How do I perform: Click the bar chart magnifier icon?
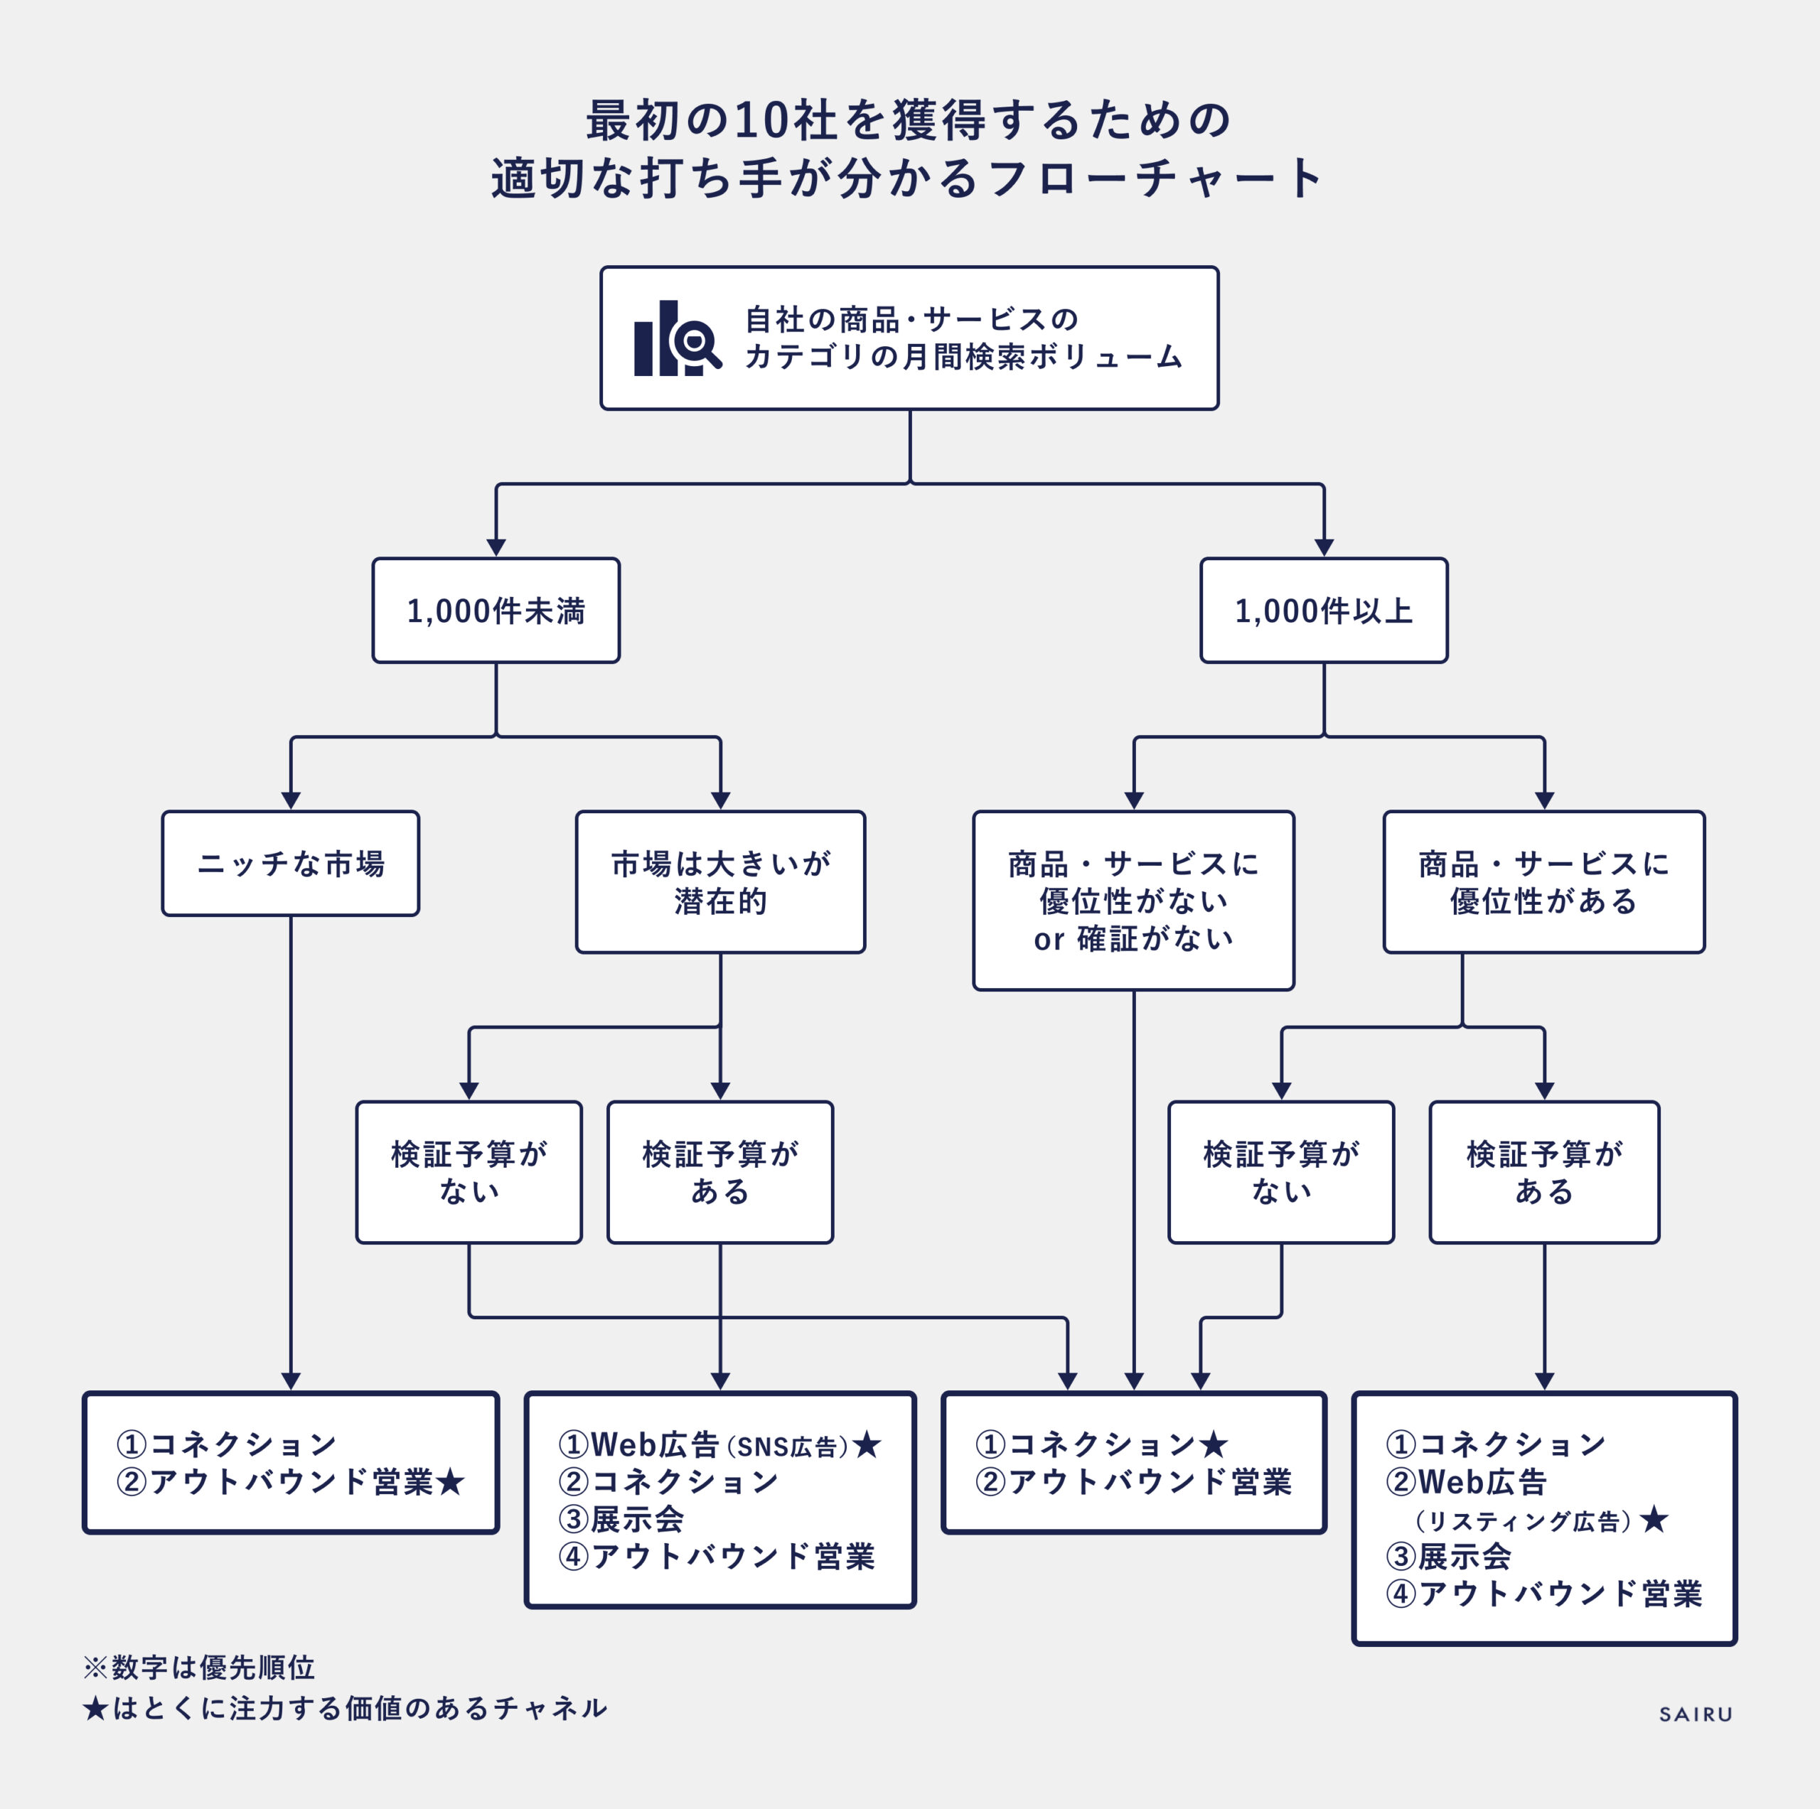(676, 339)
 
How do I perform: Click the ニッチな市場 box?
(290, 864)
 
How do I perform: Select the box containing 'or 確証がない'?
(1133, 901)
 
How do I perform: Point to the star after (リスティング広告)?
(1654, 1519)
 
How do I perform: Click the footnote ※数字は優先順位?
(199, 1668)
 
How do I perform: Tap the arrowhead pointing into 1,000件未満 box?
(496, 547)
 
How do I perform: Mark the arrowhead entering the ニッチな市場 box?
(291, 800)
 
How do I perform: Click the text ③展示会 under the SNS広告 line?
(622, 1519)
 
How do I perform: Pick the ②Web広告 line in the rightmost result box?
(1466, 1482)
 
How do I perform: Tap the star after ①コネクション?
(1214, 1444)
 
